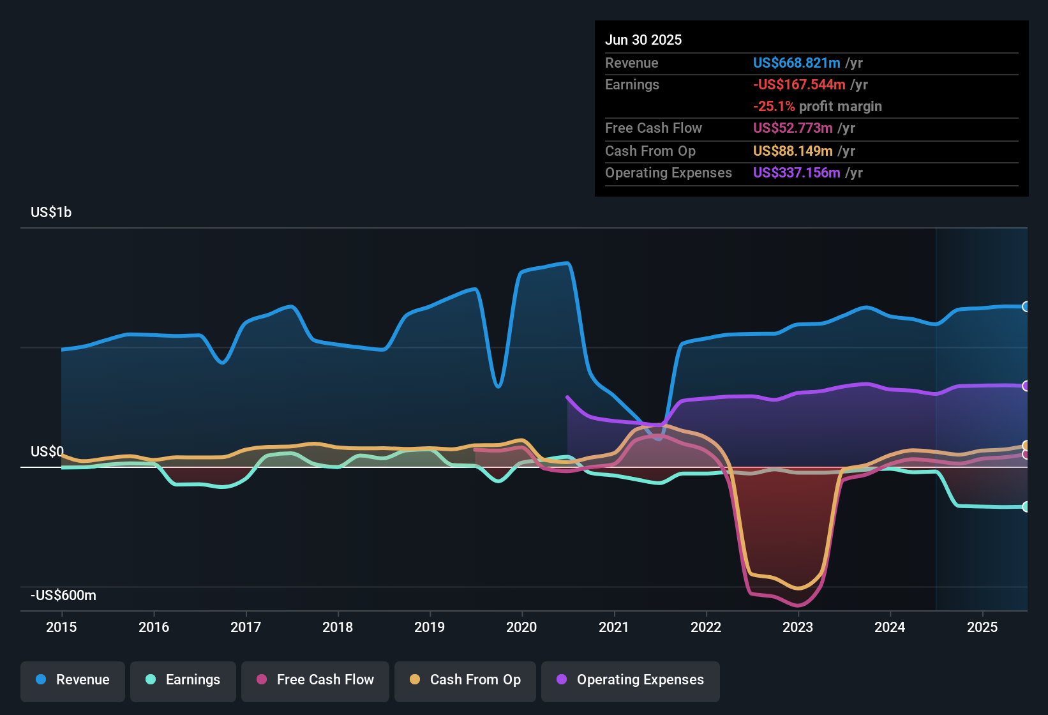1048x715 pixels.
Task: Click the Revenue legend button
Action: (x=73, y=680)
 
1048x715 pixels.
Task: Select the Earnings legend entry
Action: (x=183, y=680)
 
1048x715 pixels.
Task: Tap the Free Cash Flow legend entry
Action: (x=315, y=680)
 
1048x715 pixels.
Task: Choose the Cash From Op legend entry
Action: (x=465, y=680)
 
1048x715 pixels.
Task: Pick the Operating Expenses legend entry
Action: (x=631, y=680)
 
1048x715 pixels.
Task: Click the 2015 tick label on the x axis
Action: (x=61, y=627)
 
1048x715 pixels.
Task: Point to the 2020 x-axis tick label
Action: (x=521, y=627)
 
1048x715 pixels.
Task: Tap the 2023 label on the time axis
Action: (x=798, y=627)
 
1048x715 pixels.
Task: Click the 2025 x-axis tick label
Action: (x=982, y=627)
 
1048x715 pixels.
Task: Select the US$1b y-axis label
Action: (x=51, y=212)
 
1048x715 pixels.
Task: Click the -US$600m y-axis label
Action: (x=63, y=595)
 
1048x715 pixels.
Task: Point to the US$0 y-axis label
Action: (x=47, y=451)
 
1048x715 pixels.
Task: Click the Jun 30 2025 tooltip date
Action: (x=643, y=40)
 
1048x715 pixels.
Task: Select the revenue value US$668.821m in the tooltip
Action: (x=797, y=63)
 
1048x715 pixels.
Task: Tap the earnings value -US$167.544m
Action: (x=799, y=84)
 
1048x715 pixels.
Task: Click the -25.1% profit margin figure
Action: (x=774, y=106)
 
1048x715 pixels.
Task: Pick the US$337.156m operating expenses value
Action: (x=797, y=172)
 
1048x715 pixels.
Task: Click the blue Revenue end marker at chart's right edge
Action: (x=1026, y=306)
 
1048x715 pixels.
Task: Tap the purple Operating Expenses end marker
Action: (x=1026, y=386)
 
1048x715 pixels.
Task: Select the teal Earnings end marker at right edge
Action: (x=1026, y=507)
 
